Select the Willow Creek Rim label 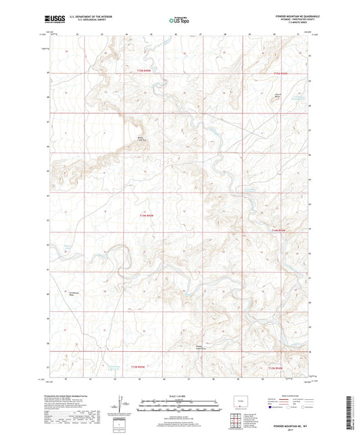pyautogui.click(x=142, y=139)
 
